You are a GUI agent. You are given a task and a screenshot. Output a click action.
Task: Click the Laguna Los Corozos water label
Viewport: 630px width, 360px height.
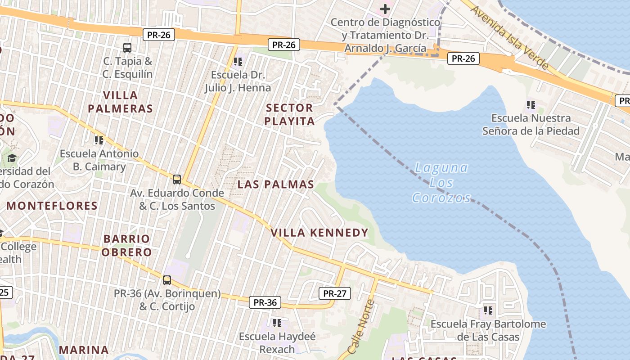coord(441,183)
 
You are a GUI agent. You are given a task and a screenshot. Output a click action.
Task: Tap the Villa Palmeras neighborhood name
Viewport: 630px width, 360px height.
coord(120,102)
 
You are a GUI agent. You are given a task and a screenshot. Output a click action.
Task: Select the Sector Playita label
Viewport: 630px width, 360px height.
coord(289,114)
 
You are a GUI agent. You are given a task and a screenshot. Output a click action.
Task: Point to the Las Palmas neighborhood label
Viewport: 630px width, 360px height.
coord(276,184)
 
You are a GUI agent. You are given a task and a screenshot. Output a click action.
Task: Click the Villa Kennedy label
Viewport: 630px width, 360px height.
coord(319,233)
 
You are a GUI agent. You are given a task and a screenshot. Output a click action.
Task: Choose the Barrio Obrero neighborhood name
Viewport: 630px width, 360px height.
coord(126,245)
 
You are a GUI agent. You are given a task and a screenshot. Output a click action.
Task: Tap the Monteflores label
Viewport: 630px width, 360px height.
coord(52,206)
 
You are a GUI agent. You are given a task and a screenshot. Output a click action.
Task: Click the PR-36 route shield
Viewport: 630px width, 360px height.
coord(265,302)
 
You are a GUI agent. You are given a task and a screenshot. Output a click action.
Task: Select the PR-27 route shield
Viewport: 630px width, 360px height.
coord(334,293)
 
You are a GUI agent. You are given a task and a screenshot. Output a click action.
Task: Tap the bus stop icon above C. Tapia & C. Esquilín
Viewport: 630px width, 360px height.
coord(127,47)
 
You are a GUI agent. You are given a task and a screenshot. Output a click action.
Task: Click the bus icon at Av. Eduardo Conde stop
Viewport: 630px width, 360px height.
coord(177,180)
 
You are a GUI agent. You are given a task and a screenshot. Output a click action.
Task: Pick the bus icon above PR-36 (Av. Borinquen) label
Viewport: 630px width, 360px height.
coord(167,280)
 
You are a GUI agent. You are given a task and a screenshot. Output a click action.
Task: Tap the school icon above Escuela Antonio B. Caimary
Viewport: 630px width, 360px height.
coord(99,140)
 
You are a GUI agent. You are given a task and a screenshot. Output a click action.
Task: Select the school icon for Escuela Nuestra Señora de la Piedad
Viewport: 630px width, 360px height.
coord(531,105)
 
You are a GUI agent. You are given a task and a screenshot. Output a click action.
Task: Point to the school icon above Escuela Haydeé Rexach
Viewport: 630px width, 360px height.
coord(277,323)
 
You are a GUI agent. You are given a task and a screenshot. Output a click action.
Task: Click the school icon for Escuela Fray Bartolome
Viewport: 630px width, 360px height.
coord(488,310)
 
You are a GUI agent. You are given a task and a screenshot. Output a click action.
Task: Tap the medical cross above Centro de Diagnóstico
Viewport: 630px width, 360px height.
coord(385,9)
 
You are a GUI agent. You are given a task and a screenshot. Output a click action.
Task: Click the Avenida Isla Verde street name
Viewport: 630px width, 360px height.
coord(509,36)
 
